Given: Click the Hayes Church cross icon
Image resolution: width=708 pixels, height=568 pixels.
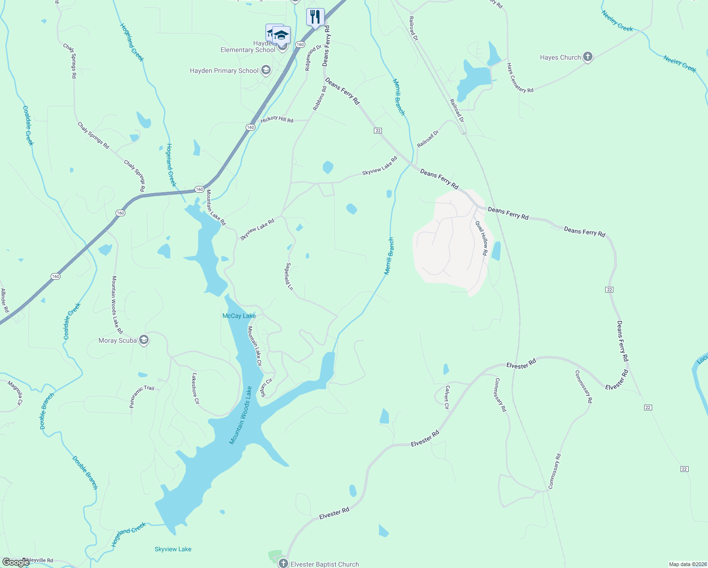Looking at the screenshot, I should (587, 57).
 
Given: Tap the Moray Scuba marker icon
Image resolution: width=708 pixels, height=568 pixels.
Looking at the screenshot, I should (144, 340).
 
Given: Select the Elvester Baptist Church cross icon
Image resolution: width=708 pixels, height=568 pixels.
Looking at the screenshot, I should (283, 563).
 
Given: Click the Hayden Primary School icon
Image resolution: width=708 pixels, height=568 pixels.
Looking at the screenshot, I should (265, 71).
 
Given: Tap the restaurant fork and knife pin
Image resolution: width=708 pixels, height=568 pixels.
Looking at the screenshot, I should (315, 18).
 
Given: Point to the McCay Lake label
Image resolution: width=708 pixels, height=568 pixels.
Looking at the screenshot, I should (239, 316).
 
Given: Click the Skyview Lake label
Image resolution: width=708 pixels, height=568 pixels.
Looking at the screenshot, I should (173, 549).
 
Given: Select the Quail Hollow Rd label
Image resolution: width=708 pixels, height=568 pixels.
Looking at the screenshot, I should (481, 238).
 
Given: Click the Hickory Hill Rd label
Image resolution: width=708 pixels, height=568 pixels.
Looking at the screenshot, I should (277, 119).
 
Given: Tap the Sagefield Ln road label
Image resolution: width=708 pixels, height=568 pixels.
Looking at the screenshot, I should (289, 277).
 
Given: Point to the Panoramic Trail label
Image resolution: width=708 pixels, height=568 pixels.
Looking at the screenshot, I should (142, 396).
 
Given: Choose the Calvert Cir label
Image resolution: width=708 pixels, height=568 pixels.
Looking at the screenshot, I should (446, 397).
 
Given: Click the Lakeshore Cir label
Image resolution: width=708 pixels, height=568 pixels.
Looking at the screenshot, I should (195, 388).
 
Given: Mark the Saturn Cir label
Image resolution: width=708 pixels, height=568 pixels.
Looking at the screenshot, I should (267, 388).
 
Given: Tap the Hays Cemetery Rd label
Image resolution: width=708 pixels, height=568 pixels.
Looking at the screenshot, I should (519, 78).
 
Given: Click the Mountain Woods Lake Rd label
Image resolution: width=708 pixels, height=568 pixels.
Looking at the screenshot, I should (116, 304).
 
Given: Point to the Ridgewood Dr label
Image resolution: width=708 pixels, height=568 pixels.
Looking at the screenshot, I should (313, 58).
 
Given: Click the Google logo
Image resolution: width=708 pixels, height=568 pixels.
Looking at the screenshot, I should (16, 562).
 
